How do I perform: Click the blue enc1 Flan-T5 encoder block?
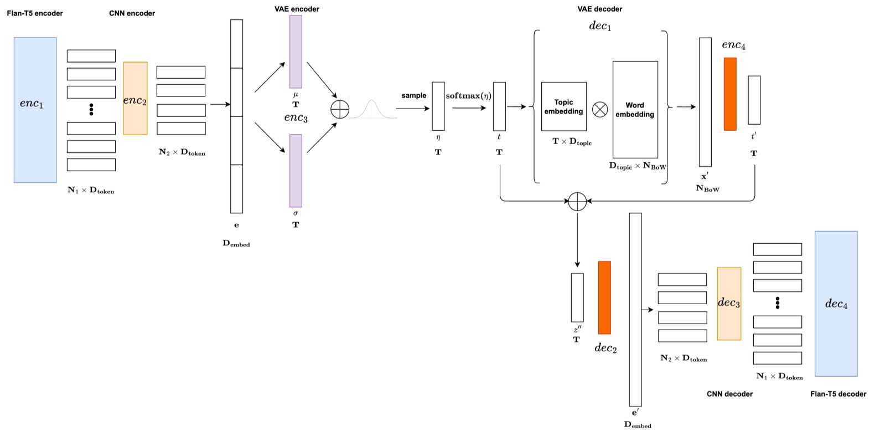[x=35, y=110]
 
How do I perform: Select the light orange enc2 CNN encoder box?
[x=135, y=98]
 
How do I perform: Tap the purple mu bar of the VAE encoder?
[x=296, y=52]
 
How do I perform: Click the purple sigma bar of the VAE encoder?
[x=296, y=171]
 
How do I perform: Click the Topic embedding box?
[x=563, y=106]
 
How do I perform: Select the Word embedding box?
[x=635, y=110]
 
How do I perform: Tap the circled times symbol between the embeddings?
[x=600, y=109]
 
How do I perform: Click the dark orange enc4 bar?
[x=729, y=94]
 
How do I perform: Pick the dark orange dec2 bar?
[x=604, y=297]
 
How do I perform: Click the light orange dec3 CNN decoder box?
[x=729, y=304]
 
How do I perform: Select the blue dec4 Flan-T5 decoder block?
[x=836, y=304]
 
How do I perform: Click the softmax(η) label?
[x=468, y=96]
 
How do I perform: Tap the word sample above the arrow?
[x=413, y=95]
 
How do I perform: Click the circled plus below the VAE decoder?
[x=577, y=202]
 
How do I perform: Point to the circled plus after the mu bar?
[x=340, y=109]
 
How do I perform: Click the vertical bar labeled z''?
[x=577, y=297]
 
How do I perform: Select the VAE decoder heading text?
[x=599, y=9]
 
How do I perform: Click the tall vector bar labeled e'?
[x=635, y=310]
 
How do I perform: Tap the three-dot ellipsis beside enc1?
[x=91, y=109]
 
